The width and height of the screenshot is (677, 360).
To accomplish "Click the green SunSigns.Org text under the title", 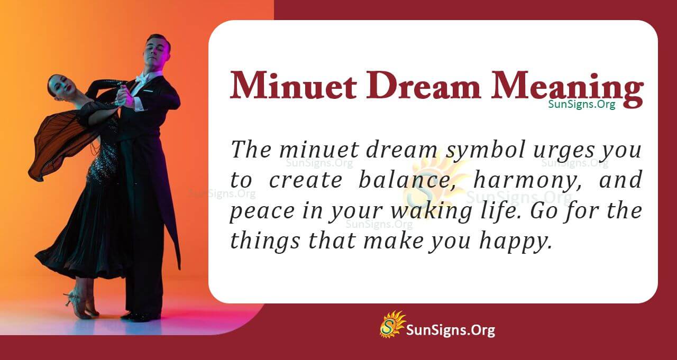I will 581,104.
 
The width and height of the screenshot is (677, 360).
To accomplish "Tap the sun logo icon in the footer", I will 392,324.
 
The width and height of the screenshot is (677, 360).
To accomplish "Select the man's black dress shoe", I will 136,316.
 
